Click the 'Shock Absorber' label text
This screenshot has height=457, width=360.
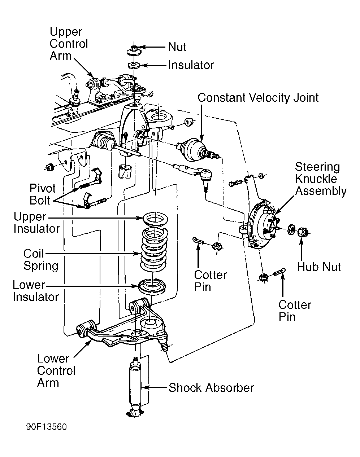pyautogui.click(x=211, y=388)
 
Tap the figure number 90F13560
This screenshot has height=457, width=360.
pyautogui.click(x=46, y=427)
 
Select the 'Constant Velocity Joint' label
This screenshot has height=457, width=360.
pyautogui.click(x=258, y=98)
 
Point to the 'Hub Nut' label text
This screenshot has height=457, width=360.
pyautogui.click(x=319, y=267)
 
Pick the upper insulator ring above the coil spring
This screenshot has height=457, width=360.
pyautogui.click(x=155, y=219)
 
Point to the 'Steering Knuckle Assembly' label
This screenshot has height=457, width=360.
pyautogui.click(x=320, y=179)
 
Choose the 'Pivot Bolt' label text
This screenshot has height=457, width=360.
pyautogui.click(x=42, y=194)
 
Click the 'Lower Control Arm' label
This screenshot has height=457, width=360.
pyautogui.click(x=56, y=370)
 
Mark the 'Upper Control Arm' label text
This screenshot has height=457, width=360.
pyautogui.click(x=69, y=44)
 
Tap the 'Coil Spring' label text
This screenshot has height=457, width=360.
pyautogui.click(x=40, y=259)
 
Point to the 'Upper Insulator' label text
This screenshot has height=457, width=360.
pyautogui.click(x=36, y=223)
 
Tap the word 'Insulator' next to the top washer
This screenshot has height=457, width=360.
pyautogui.click(x=191, y=65)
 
